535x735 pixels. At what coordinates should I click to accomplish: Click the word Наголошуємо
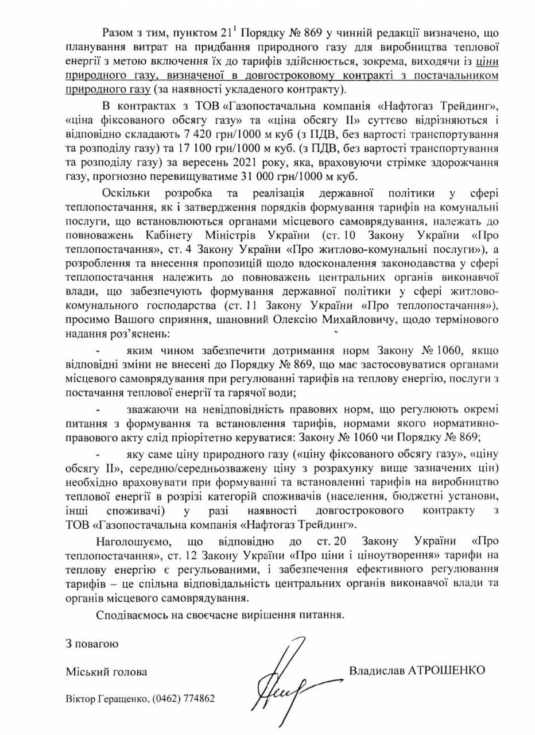[x=131, y=541]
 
